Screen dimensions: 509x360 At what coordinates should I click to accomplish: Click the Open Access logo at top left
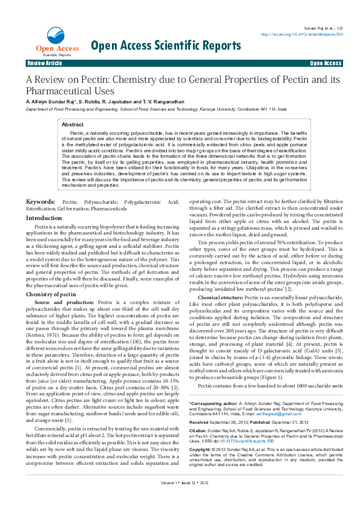(x=49, y=42)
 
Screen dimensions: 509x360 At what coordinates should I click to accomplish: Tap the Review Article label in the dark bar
(x=45, y=63)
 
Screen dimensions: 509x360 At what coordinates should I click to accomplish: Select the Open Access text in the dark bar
(x=326, y=63)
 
